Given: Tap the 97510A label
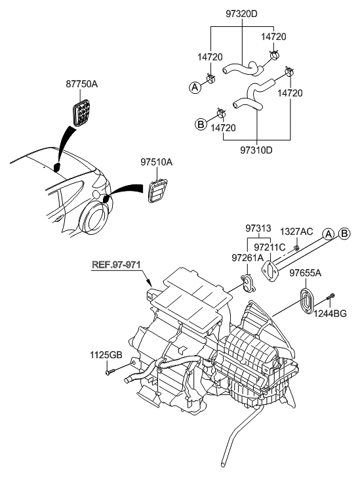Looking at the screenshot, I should click(156, 161).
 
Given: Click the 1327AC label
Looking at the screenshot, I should click(296, 232).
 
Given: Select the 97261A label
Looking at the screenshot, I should click(246, 259).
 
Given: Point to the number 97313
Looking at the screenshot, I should click(258, 228).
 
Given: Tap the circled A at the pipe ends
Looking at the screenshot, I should click(329, 234).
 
